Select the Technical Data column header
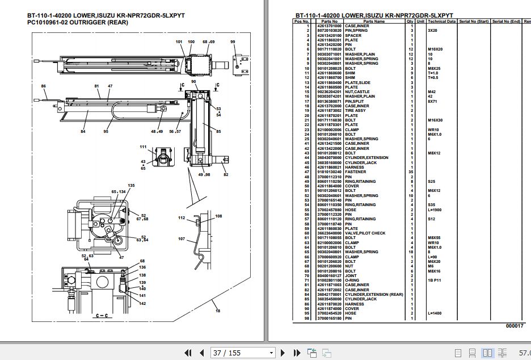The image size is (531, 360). [x=441, y=22]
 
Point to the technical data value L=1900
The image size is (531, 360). [x=436, y=210]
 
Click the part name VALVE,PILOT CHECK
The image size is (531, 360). [x=365, y=233]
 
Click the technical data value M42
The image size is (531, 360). [x=432, y=92]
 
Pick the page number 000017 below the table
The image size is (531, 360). [x=515, y=325]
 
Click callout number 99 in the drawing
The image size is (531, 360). [x=233, y=42]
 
